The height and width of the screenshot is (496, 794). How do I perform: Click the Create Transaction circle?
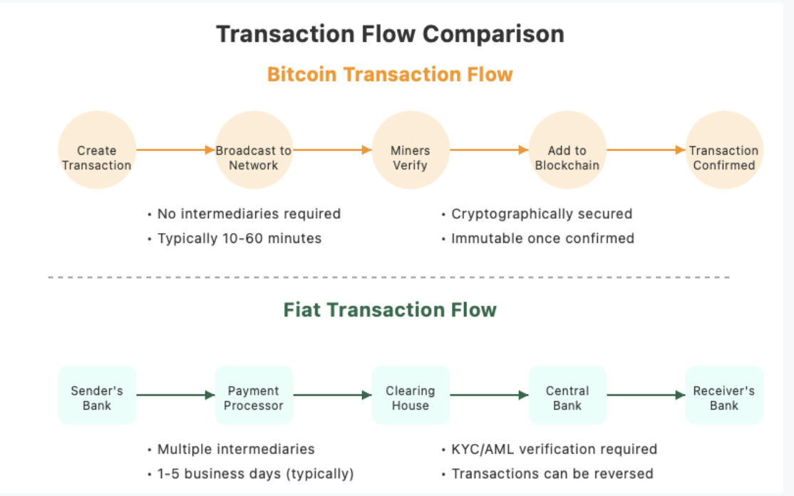pos(97,150)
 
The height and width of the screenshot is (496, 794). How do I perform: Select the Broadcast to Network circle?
pos(254,150)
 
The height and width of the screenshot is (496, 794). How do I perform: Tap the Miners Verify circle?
pos(411,150)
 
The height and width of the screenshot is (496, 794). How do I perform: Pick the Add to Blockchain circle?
pos(567,150)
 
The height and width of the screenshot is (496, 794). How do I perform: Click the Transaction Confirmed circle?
pos(724,150)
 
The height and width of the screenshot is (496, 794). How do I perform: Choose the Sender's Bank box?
pos(97,396)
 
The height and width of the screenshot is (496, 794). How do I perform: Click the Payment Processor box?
pos(254,396)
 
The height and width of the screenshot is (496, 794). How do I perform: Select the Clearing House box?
pos(411,396)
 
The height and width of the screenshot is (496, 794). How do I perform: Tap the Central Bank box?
pos(567,396)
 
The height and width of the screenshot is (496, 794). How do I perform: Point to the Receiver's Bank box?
pos(724,396)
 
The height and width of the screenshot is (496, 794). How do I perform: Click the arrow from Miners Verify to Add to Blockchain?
pos(489,150)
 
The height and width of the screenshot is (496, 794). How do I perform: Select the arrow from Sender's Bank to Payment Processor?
pos(175,395)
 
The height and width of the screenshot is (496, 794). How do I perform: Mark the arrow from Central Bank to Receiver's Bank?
pos(646,395)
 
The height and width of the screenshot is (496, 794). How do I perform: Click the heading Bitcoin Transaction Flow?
pos(390,74)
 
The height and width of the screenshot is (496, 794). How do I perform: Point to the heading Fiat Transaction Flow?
pos(390,310)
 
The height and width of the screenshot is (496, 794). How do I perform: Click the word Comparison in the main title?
pos(493,34)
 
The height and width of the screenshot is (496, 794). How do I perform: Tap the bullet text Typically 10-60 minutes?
pos(239,239)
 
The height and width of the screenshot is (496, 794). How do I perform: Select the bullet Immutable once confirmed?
pos(542,239)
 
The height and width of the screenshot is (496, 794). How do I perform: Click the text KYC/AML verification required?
pos(554,449)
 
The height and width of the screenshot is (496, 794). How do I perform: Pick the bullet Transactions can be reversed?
pos(552,474)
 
